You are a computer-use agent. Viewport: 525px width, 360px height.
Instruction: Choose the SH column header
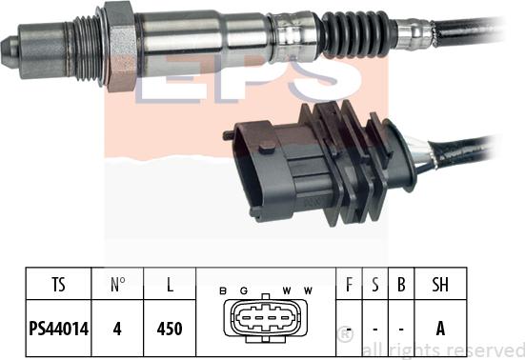[440, 283]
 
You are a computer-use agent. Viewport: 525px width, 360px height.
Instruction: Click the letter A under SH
[440, 329]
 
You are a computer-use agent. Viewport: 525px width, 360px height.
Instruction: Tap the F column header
[350, 283]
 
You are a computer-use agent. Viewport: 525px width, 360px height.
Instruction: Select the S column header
[374, 283]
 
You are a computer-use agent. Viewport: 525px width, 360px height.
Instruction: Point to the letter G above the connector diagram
[246, 290]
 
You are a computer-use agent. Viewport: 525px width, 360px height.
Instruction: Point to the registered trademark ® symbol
[346, 334]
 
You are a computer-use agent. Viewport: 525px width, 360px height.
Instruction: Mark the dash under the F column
[350, 329]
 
